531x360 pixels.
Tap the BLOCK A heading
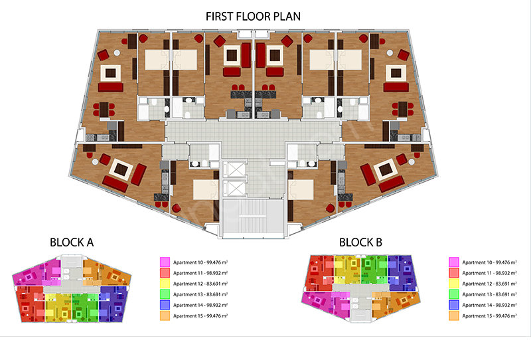72,242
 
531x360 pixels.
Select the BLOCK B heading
360,242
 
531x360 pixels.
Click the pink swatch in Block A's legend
165,262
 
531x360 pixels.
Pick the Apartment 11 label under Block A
200,273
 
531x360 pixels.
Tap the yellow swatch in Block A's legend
165,284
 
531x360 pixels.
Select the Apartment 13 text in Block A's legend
200,294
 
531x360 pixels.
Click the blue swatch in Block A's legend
165,305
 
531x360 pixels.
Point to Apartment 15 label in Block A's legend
200,315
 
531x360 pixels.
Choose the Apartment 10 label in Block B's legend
490,262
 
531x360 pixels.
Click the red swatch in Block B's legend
454,273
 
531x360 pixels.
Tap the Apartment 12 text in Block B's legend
490,284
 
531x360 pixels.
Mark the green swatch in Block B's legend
454,294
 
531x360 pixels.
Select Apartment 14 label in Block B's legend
490,305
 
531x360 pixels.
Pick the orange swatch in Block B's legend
454,315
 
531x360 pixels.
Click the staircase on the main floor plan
253,217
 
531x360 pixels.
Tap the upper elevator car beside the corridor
234,169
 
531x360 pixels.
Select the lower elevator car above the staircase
234,188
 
